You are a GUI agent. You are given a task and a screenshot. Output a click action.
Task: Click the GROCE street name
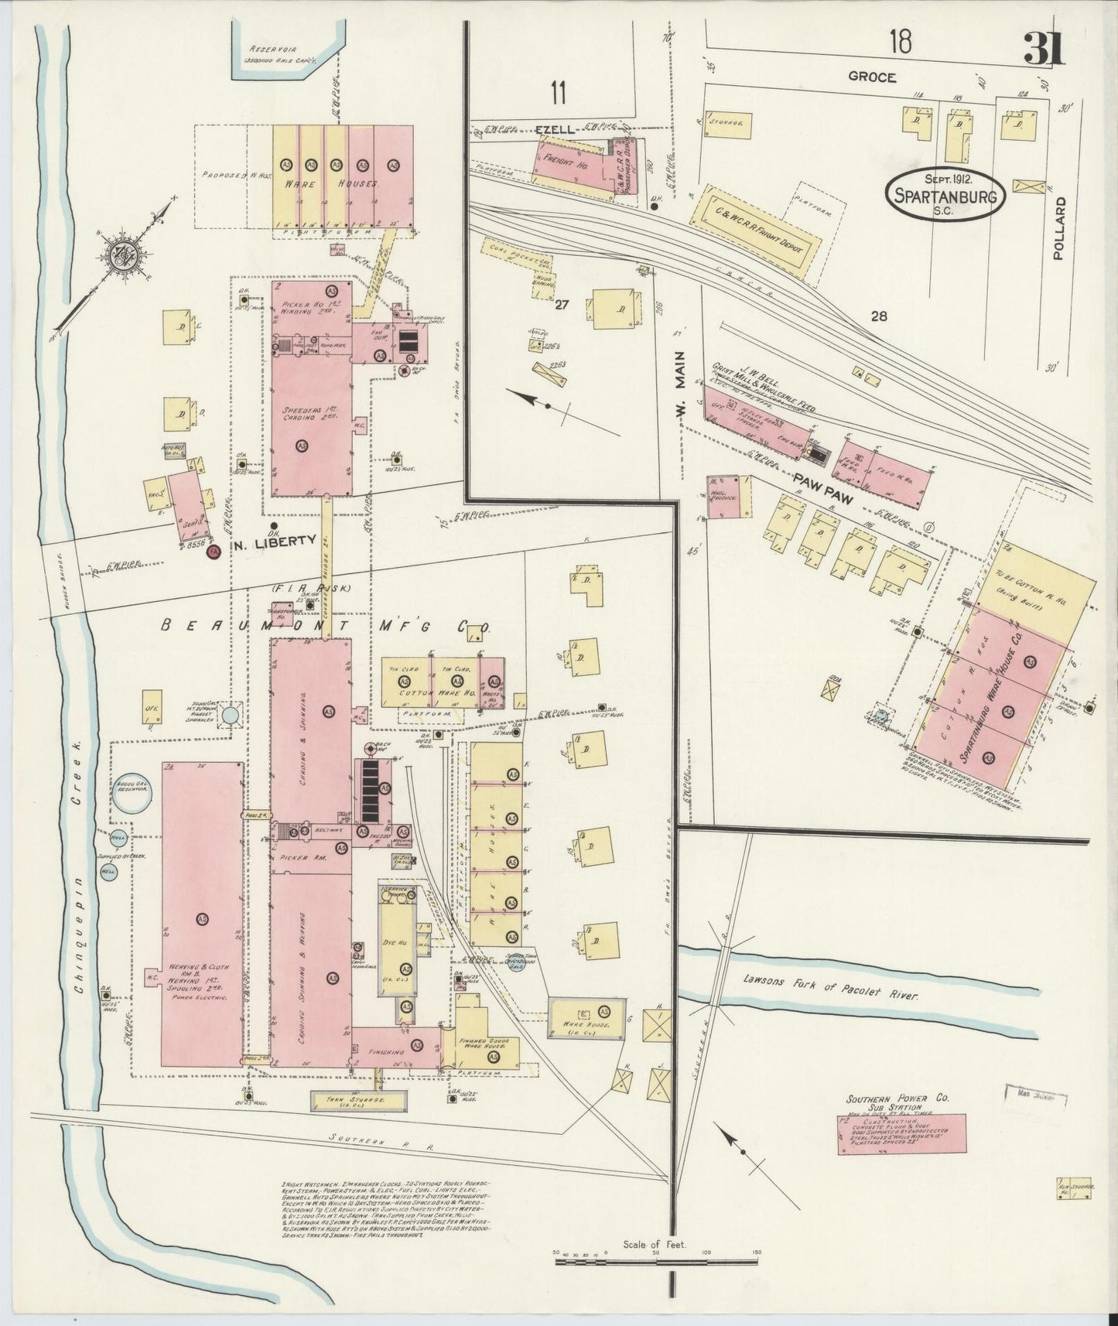(x=871, y=77)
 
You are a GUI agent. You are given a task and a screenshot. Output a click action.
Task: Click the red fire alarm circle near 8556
(x=216, y=550)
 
